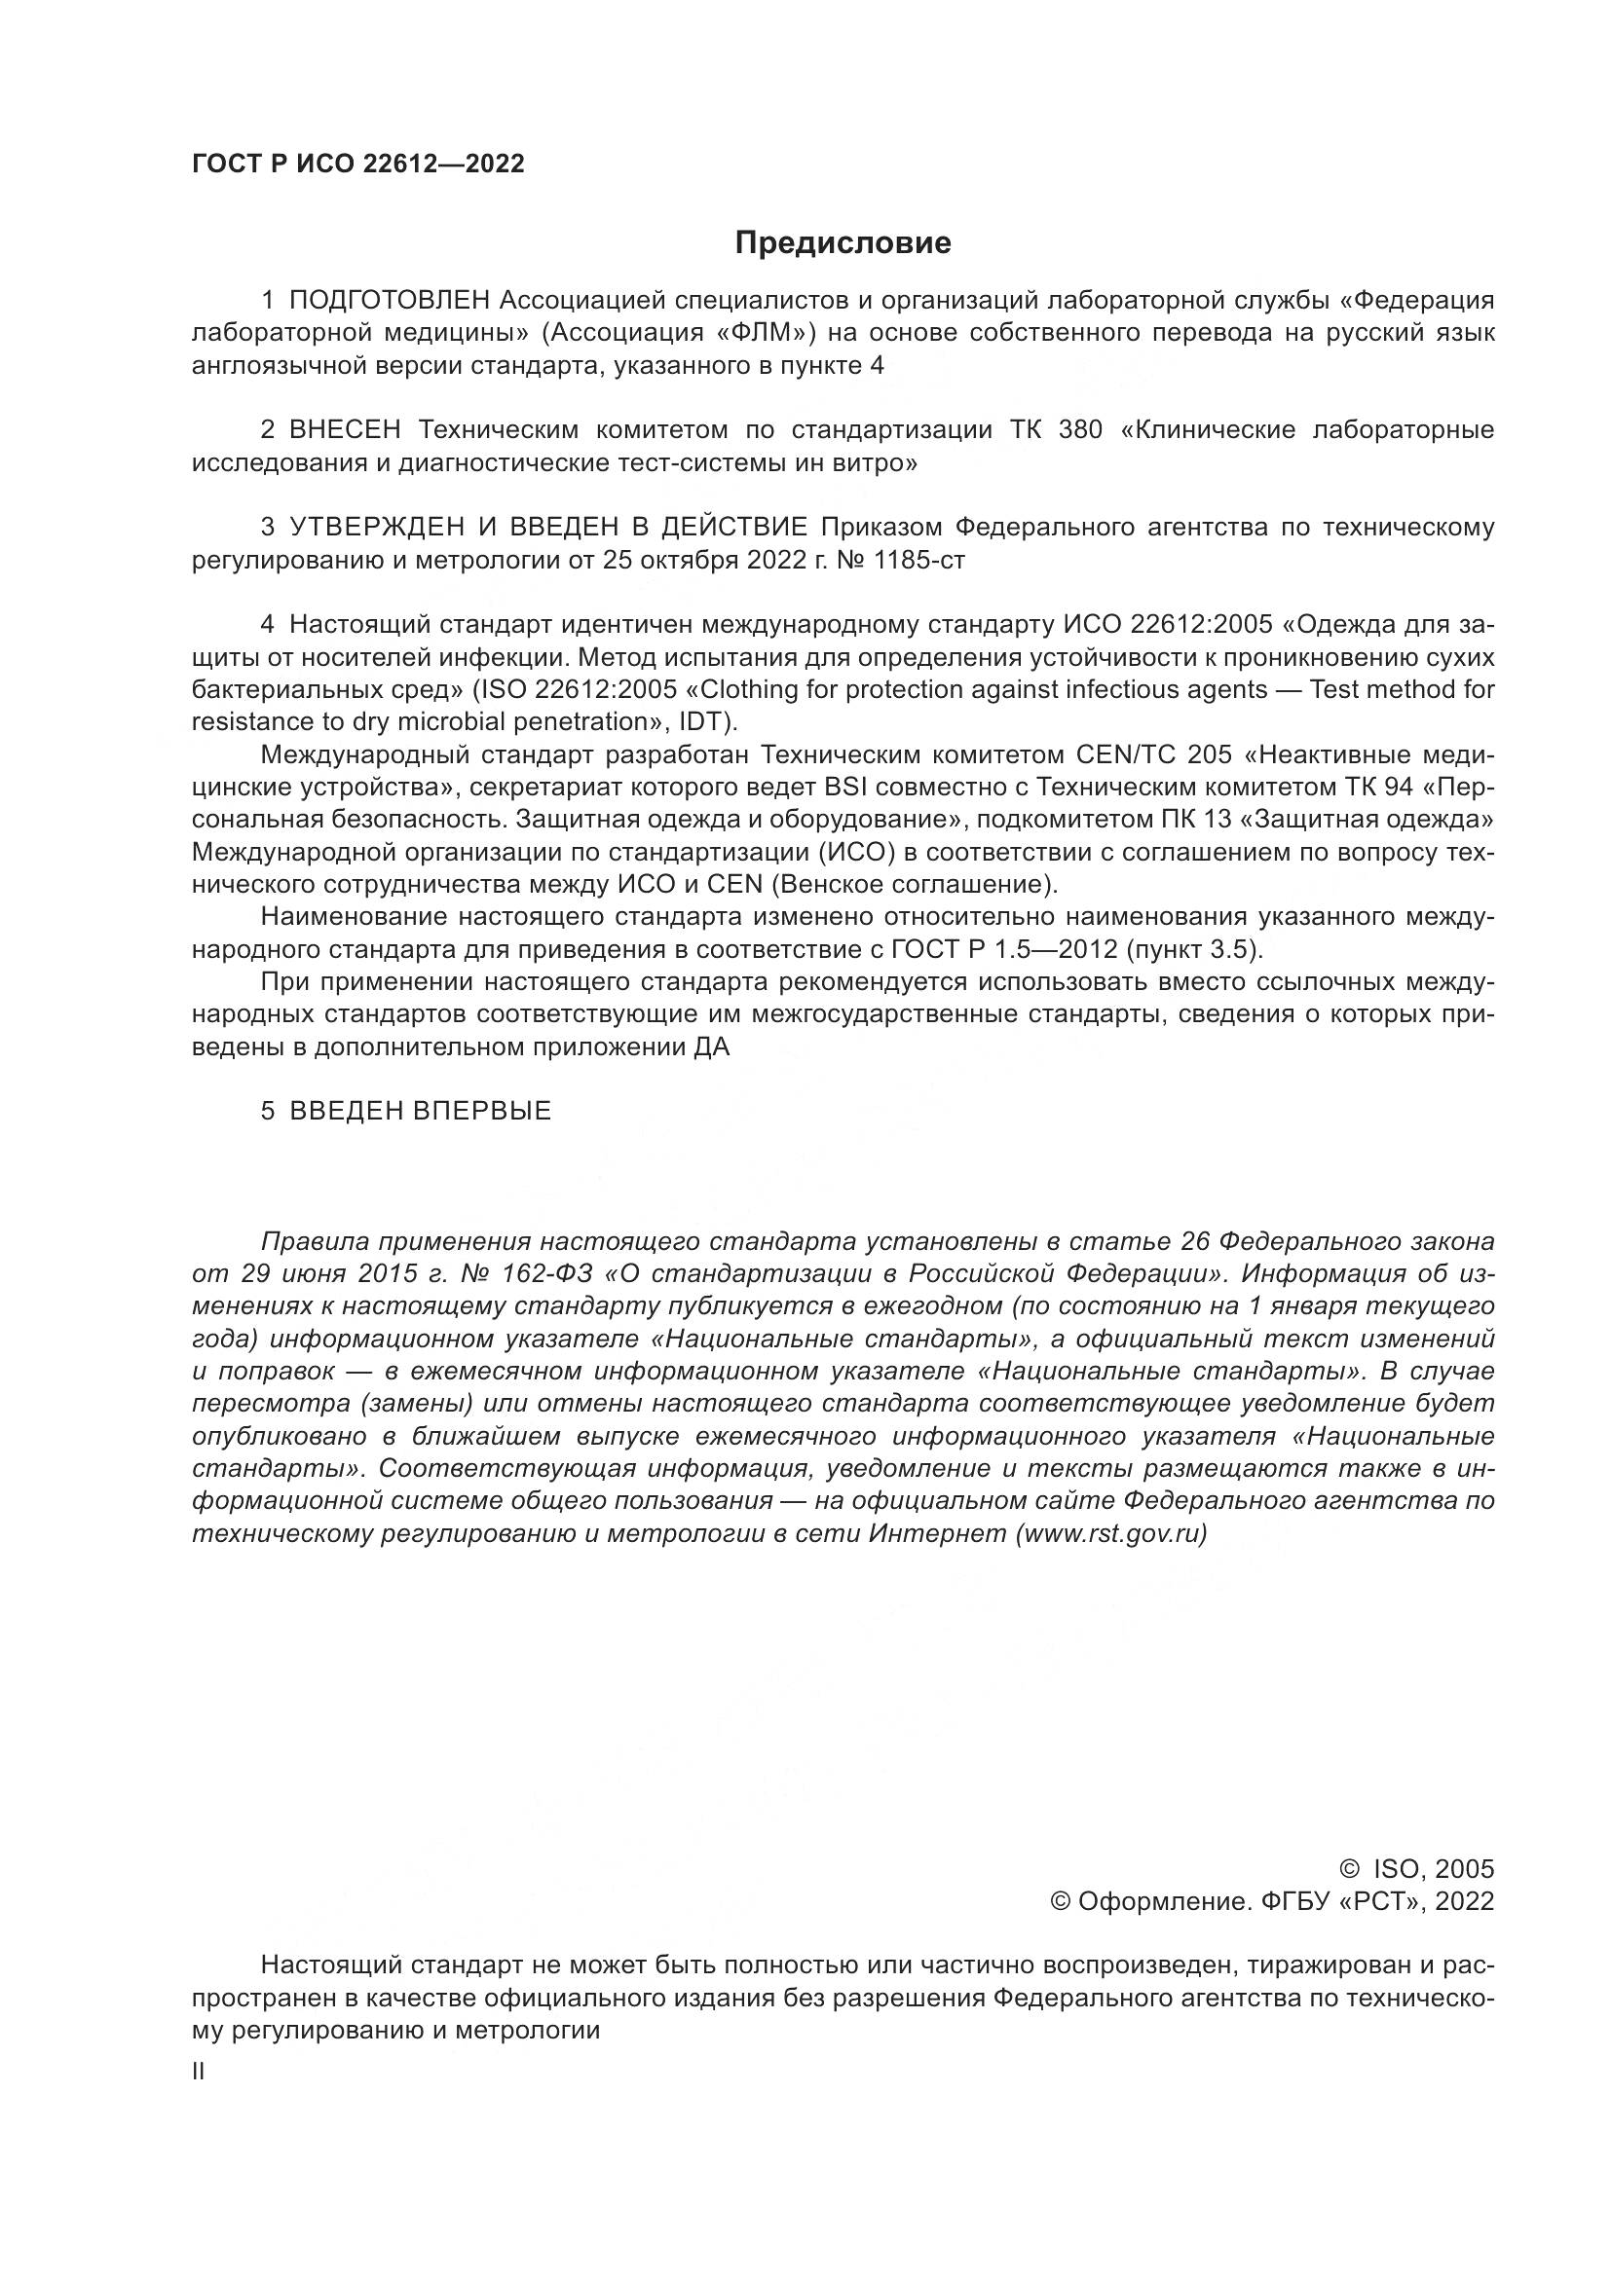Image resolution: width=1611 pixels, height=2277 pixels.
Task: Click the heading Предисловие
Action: (843, 243)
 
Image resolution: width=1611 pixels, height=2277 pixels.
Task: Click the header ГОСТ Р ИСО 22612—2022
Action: (358, 165)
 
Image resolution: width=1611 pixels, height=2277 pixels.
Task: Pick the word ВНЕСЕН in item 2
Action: (344, 429)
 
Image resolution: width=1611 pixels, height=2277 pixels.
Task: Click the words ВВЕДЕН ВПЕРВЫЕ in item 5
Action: (420, 1111)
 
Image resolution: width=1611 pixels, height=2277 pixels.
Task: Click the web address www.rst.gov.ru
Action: (1111, 1533)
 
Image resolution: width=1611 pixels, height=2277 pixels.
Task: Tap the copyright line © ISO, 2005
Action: (1416, 1869)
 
